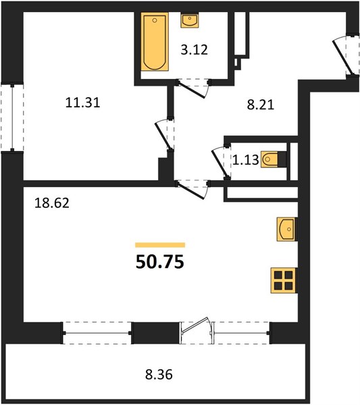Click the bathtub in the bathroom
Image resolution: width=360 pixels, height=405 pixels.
click(x=155, y=42)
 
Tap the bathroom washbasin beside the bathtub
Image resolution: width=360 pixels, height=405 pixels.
click(x=190, y=20)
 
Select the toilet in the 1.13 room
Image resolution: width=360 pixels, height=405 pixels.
click(x=274, y=159)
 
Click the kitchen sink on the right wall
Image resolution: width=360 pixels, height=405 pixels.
click(x=286, y=229)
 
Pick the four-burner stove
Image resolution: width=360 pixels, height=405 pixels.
click(x=284, y=281)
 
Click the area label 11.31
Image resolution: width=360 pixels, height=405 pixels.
click(x=82, y=103)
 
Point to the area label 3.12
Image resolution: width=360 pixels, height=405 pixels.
click(x=194, y=50)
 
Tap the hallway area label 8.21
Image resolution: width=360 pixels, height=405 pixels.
click(x=261, y=105)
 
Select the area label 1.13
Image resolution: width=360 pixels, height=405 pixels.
click(x=245, y=160)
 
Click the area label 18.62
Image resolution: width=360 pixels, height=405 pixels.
click(x=52, y=203)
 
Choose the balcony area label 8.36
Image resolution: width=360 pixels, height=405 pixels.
click(x=159, y=374)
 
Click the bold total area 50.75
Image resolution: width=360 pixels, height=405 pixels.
click(x=160, y=262)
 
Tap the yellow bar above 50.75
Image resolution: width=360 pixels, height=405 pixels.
click(x=160, y=245)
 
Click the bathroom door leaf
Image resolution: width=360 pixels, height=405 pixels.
click(x=192, y=90)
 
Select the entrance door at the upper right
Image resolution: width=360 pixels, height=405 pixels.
click(x=342, y=57)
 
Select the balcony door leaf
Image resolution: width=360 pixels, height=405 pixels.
click(x=195, y=325)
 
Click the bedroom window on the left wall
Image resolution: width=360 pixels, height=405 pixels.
click(x=12, y=117)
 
